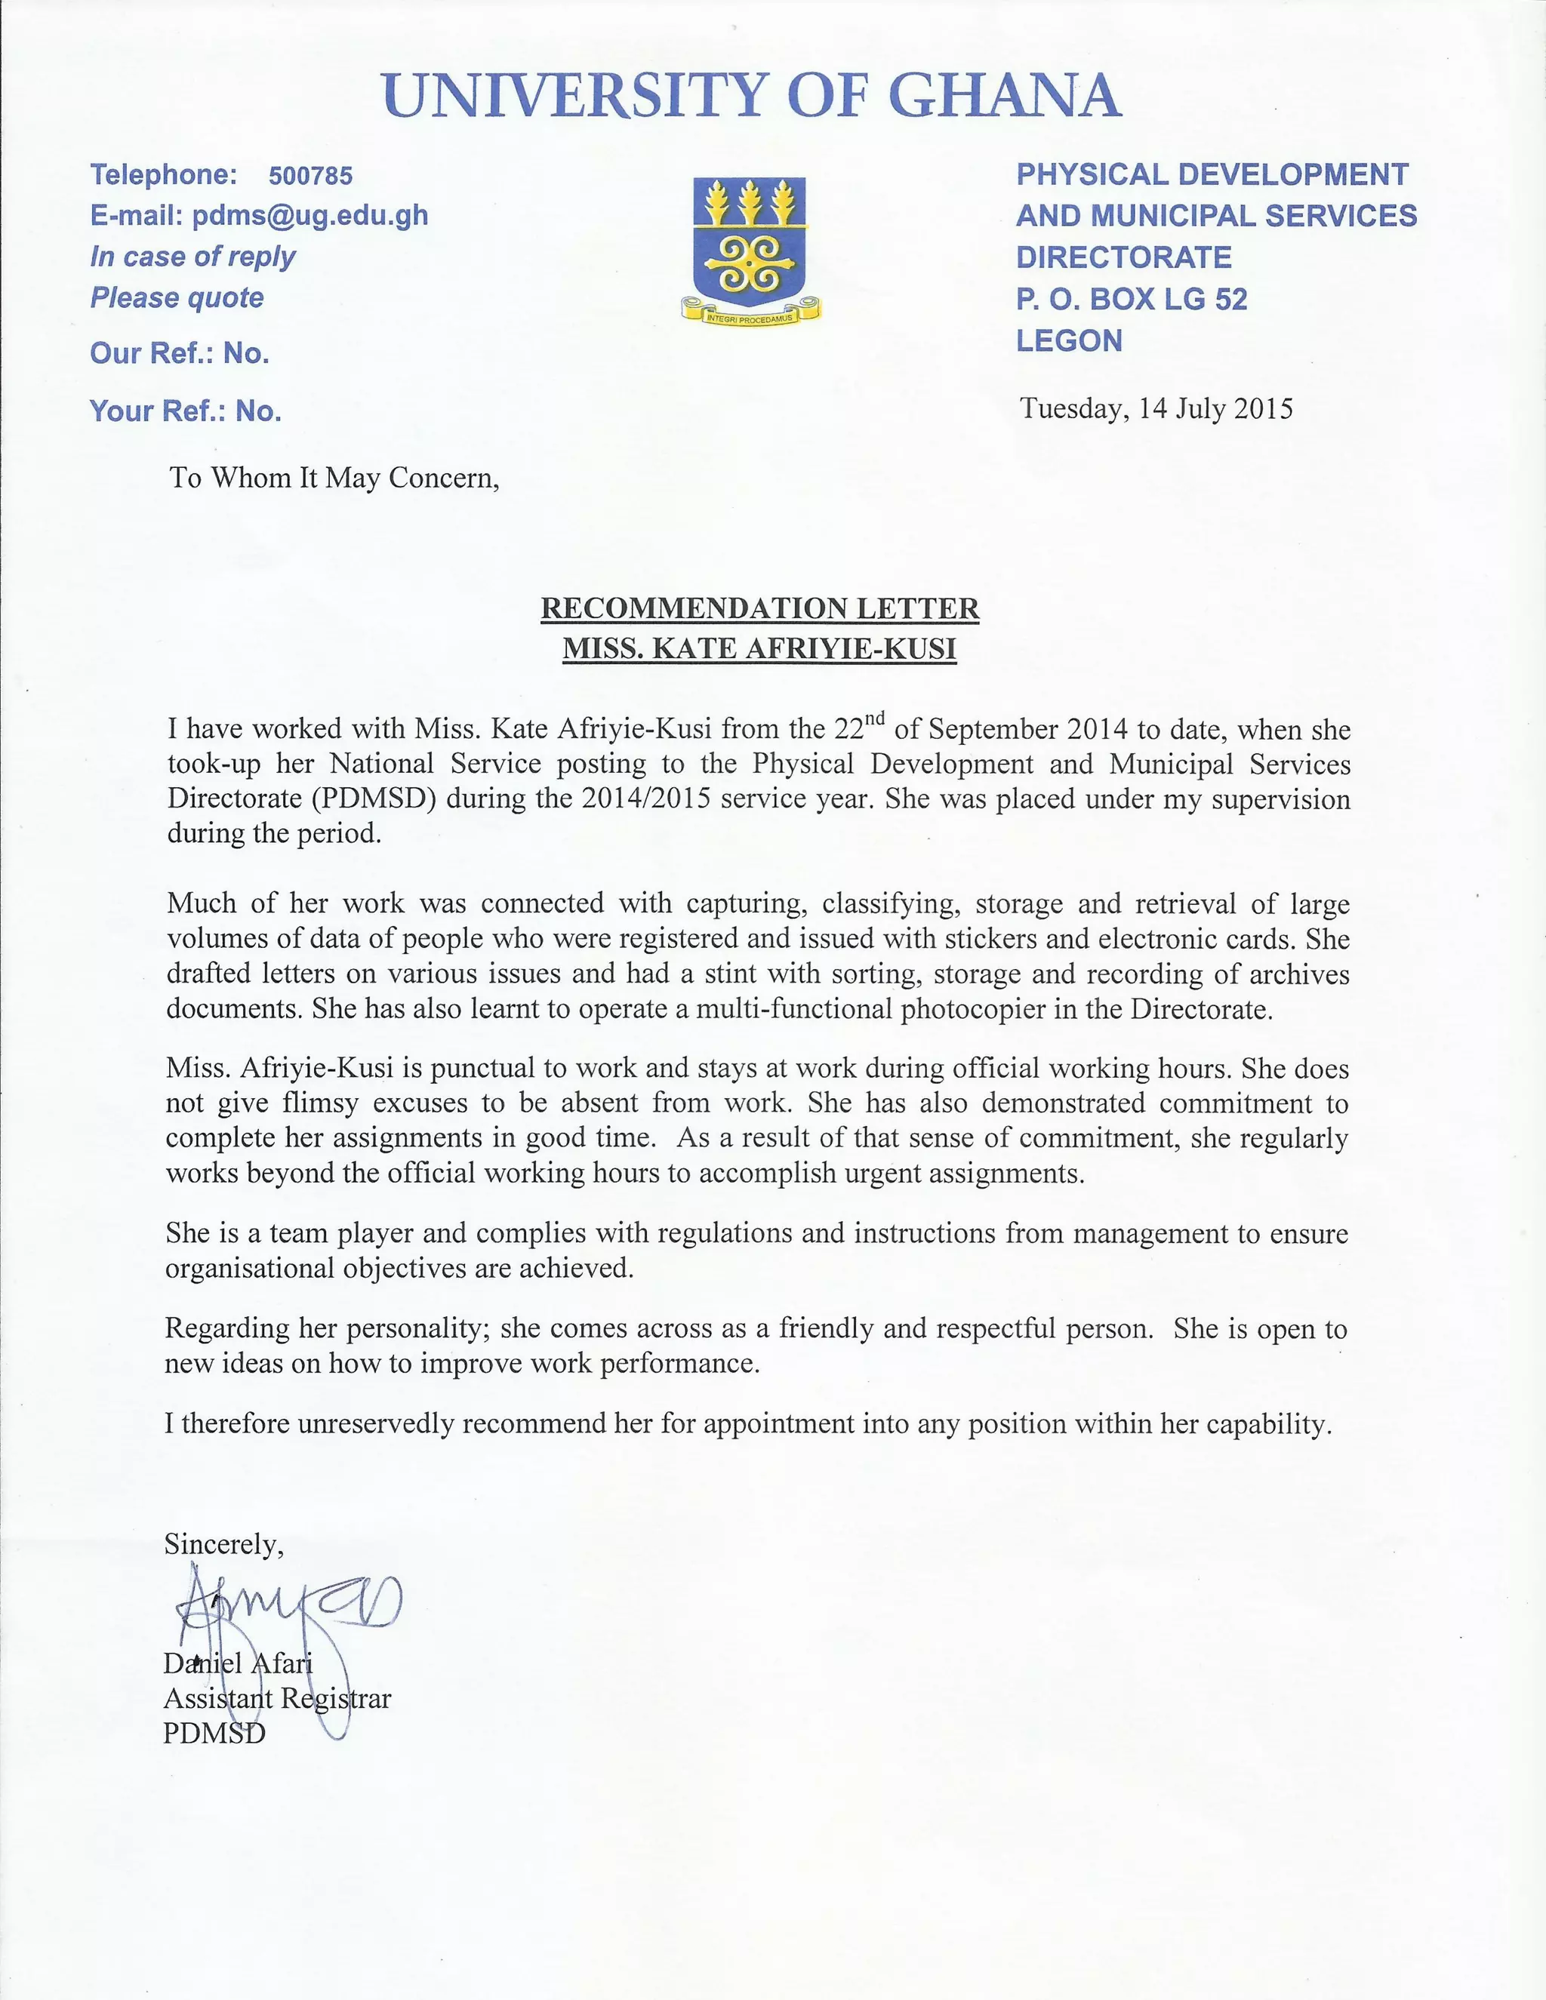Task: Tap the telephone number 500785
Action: coord(310,176)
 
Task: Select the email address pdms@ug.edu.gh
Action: coord(310,216)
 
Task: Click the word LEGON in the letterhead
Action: coord(1069,340)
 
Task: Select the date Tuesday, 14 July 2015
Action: coord(1156,408)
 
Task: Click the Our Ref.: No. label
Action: coord(180,353)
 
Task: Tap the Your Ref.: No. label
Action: coord(185,411)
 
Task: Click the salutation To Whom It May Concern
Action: coord(334,478)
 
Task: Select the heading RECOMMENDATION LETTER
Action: coord(759,608)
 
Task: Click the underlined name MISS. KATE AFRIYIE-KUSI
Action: coord(759,648)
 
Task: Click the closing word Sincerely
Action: coord(223,1545)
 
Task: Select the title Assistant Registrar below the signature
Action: coord(276,1699)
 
